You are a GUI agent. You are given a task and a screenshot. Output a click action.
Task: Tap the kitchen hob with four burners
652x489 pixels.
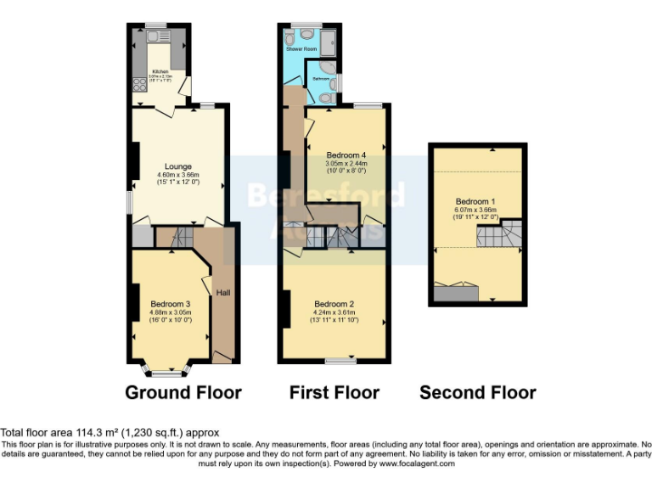[x=138, y=86]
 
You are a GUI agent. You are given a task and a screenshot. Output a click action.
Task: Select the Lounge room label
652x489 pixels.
[x=178, y=166]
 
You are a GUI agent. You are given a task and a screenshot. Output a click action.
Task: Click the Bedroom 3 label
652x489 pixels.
[x=170, y=304]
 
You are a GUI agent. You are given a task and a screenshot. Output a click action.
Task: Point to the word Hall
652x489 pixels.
[x=222, y=293]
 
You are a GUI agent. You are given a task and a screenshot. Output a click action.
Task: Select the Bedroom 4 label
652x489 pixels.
[x=346, y=155]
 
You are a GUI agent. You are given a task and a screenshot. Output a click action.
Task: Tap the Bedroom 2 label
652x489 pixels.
[x=334, y=304]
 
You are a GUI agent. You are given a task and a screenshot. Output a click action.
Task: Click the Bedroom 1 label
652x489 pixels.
[x=475, y=201]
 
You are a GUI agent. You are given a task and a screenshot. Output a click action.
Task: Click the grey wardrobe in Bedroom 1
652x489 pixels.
[x=455, y=294]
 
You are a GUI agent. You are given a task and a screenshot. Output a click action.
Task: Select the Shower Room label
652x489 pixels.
[x=301, y=50]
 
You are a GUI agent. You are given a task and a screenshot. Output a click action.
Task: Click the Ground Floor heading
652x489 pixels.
[x=183, y=392]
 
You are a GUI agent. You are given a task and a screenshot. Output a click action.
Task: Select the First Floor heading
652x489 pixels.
[x=334, y=392]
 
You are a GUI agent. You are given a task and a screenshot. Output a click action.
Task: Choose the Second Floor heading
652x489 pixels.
[x=477, y=392]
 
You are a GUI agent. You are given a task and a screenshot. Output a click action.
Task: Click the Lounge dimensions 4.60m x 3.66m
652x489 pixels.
[x=178, y=174]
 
